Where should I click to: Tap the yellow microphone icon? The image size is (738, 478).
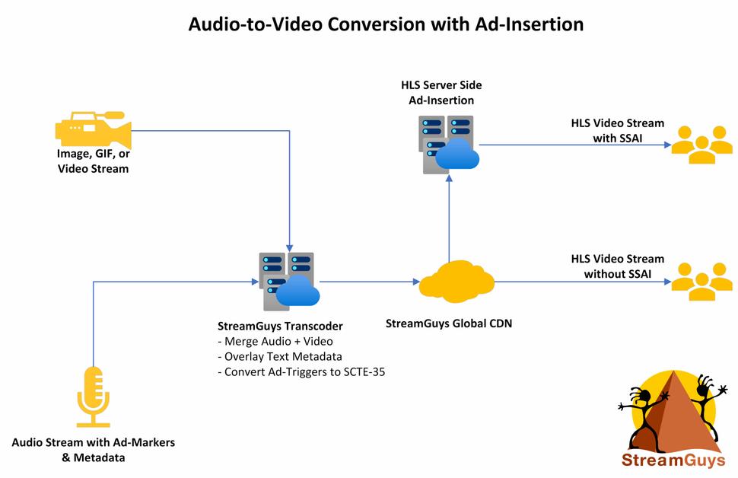click(94, 397)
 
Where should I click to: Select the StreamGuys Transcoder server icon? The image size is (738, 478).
click(288, 281)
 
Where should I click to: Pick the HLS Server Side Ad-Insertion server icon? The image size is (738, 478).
click(449, 144)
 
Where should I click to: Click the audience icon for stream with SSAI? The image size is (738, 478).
click(700, 144)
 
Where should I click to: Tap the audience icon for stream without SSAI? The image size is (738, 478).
click(700, 281)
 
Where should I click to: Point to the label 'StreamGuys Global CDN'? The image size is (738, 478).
click(449, 323)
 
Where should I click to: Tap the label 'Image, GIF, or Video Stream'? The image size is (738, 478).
click(93, 161)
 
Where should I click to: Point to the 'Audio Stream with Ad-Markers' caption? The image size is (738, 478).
click(98, 442)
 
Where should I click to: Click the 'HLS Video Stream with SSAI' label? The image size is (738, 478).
click(617, 130)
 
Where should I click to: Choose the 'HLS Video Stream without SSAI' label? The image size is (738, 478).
click(617, 266)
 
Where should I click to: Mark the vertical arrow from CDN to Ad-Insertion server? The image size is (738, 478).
click(449, 221)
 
